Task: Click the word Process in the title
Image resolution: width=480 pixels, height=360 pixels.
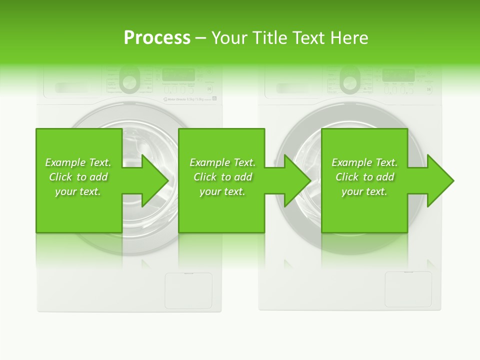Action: pyautogui.click(x=157, y=38)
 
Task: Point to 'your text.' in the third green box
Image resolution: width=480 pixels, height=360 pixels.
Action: pyautogui.click(x=364, y=191)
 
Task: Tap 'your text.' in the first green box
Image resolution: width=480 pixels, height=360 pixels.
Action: pyautogui.click(x=78, y=191)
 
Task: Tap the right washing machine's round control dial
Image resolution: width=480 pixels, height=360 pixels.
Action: pyautogui.click(x=350, y=79)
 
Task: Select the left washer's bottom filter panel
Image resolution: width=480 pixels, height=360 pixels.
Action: pyautogui.click(x=188, y=290)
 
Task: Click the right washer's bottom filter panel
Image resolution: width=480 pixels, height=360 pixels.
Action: pyautogui.click(x=408, y=289)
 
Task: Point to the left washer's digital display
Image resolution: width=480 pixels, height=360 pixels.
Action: pyautogui.click(x=179, y=75)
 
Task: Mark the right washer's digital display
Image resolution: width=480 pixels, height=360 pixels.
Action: pyautogui.click(x=398, y=75)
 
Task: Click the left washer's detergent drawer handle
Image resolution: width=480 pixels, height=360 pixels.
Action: pyautogui.click(x=70, y=87)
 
